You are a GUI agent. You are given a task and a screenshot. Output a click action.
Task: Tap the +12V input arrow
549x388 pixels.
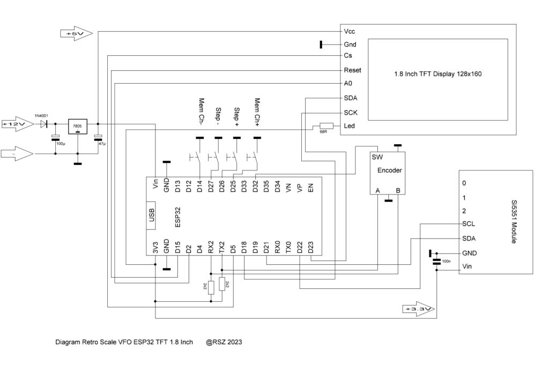[x=18, y=124]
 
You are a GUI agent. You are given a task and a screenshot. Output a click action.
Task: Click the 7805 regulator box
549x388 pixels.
[x=77, y=126]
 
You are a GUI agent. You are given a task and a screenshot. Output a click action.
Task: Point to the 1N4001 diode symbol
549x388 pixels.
[x=44, y=124]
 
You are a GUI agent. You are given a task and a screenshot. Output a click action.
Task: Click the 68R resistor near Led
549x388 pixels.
[x=327, y=126]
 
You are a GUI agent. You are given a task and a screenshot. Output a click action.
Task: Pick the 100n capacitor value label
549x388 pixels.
[x=446, y=261]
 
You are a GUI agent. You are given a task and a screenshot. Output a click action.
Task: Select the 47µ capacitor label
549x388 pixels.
[x=102, y=144]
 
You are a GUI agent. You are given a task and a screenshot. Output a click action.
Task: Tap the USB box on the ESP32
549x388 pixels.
[x=151, y=215]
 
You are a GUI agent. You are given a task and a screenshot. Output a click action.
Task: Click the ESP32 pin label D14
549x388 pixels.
[x=199, y=186]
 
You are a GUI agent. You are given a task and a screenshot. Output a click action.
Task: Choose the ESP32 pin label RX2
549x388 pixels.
[x=211, y=247]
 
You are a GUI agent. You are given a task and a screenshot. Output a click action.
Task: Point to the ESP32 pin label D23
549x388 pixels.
[x=310, y=247]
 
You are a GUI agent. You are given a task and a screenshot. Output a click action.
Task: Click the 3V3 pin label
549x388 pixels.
[x=155, y=247]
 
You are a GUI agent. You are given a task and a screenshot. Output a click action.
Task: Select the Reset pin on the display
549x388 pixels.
[x=352, y=70]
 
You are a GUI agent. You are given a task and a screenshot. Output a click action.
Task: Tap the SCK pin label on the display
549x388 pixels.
[x=351, y=113]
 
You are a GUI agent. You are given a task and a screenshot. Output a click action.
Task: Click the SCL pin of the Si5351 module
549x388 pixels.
[x=469, y=224]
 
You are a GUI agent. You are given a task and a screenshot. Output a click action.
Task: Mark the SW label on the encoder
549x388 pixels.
[x=377, y=157]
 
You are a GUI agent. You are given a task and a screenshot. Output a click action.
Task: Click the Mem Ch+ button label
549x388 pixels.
[x=257, y=112]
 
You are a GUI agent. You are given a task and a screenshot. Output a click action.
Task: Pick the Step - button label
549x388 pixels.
[x=218, y=116]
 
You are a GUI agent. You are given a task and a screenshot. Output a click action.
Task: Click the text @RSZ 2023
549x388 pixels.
[x=224, y=342]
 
